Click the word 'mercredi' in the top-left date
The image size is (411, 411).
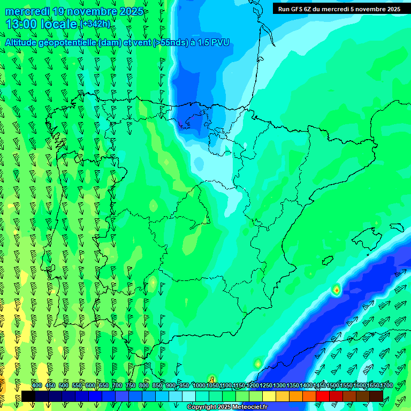(x=28, y=11)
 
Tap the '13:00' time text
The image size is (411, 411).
(x=21, y=24)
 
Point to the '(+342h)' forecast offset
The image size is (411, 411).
(x=95, y=24)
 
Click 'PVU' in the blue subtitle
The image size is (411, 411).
(x=220, y=42)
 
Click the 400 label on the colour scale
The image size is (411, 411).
(x=37, y=385)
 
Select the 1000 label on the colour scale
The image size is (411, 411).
(x=199, y=385)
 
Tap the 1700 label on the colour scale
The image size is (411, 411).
(x=386, y=385)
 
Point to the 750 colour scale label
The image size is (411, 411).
(x=131, y=385)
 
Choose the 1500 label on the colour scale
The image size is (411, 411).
(x=333, y=385)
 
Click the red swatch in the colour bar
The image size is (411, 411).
(x=323, y=396)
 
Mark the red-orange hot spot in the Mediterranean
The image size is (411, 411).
(x=336, y=290)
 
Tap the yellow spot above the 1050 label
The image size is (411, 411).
(x=212, y=379)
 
